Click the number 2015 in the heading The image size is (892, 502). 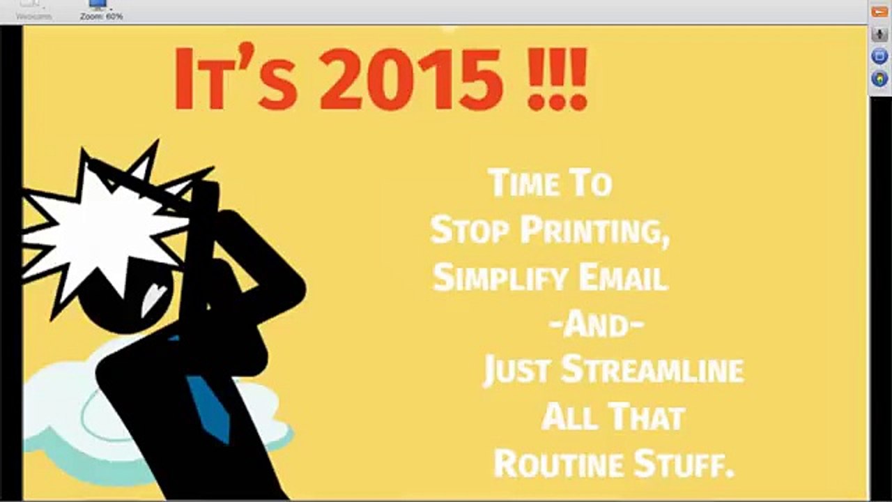coord(411,78)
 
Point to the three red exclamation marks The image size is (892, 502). coord(557,78)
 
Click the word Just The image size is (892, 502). coord(517,370)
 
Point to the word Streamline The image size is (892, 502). coord(652,370)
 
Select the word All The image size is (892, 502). coord(569,417)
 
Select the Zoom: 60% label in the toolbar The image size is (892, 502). coord(102,15)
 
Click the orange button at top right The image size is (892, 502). coord(879,12)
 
